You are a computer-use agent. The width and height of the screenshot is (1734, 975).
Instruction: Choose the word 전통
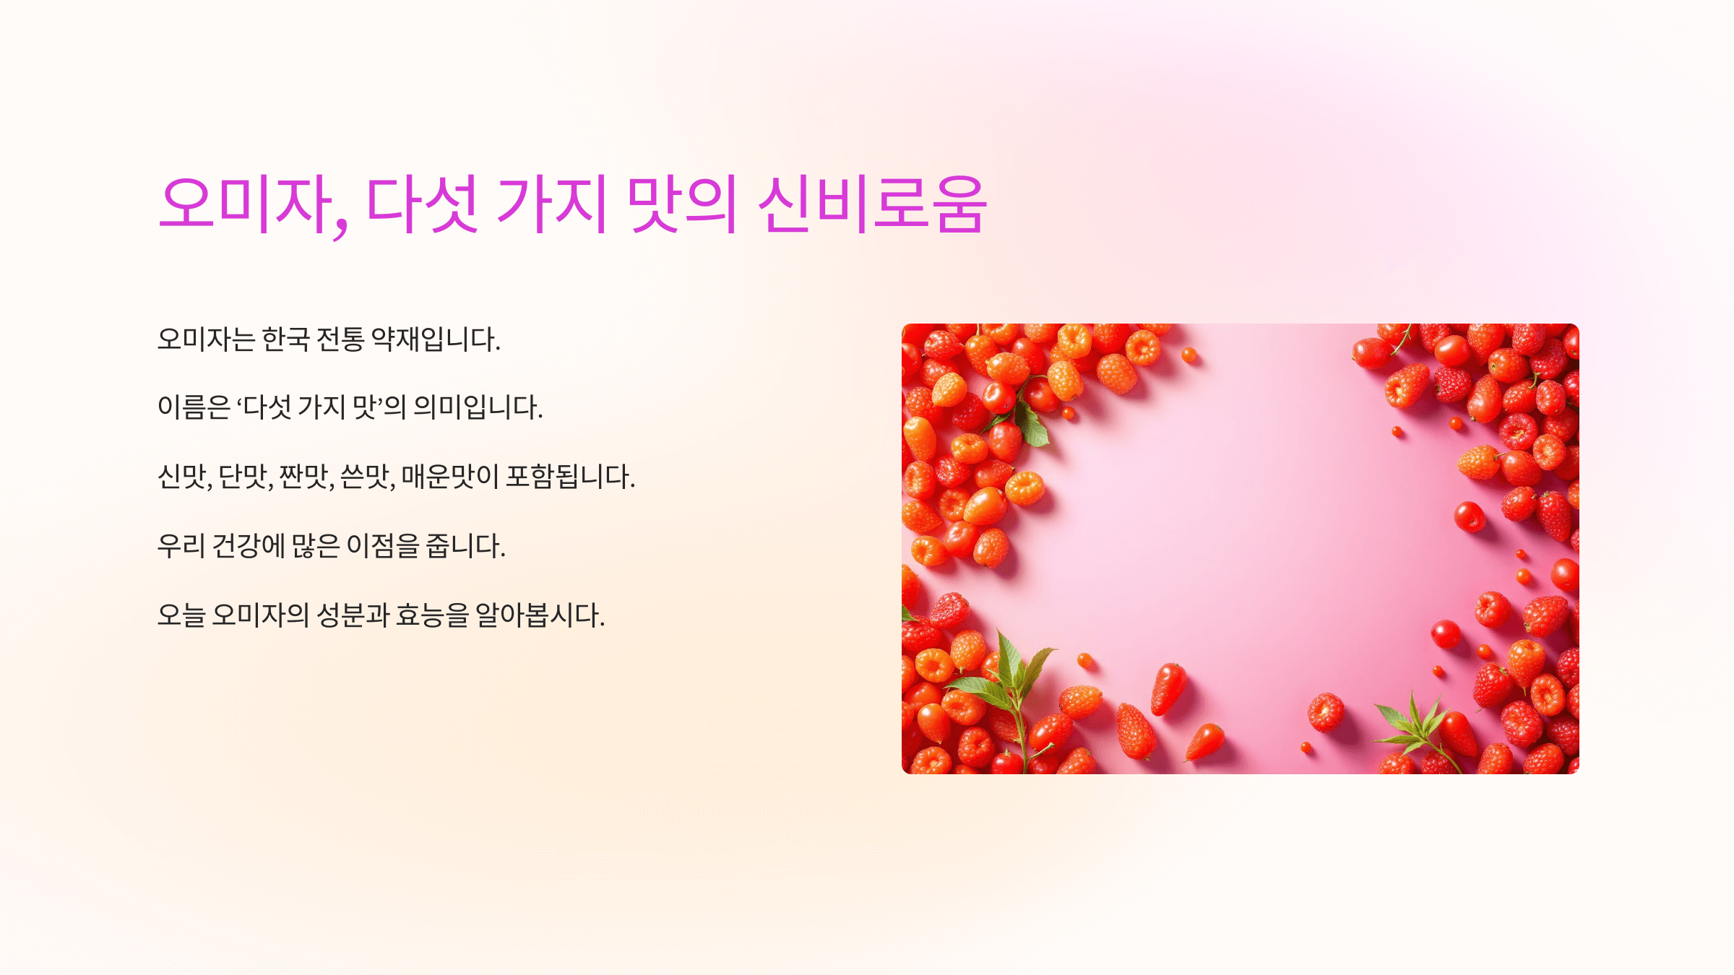point(340,339)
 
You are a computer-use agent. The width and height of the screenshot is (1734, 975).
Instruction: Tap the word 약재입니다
point(435,339)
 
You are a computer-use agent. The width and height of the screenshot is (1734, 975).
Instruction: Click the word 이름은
point(194,408)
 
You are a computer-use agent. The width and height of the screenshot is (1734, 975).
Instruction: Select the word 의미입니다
point(477,408)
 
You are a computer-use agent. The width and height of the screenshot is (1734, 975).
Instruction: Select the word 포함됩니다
point(570,477)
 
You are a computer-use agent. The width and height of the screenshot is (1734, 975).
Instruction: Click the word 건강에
point(249,546)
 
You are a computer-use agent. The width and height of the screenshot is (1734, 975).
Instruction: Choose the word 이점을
point(382,546)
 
